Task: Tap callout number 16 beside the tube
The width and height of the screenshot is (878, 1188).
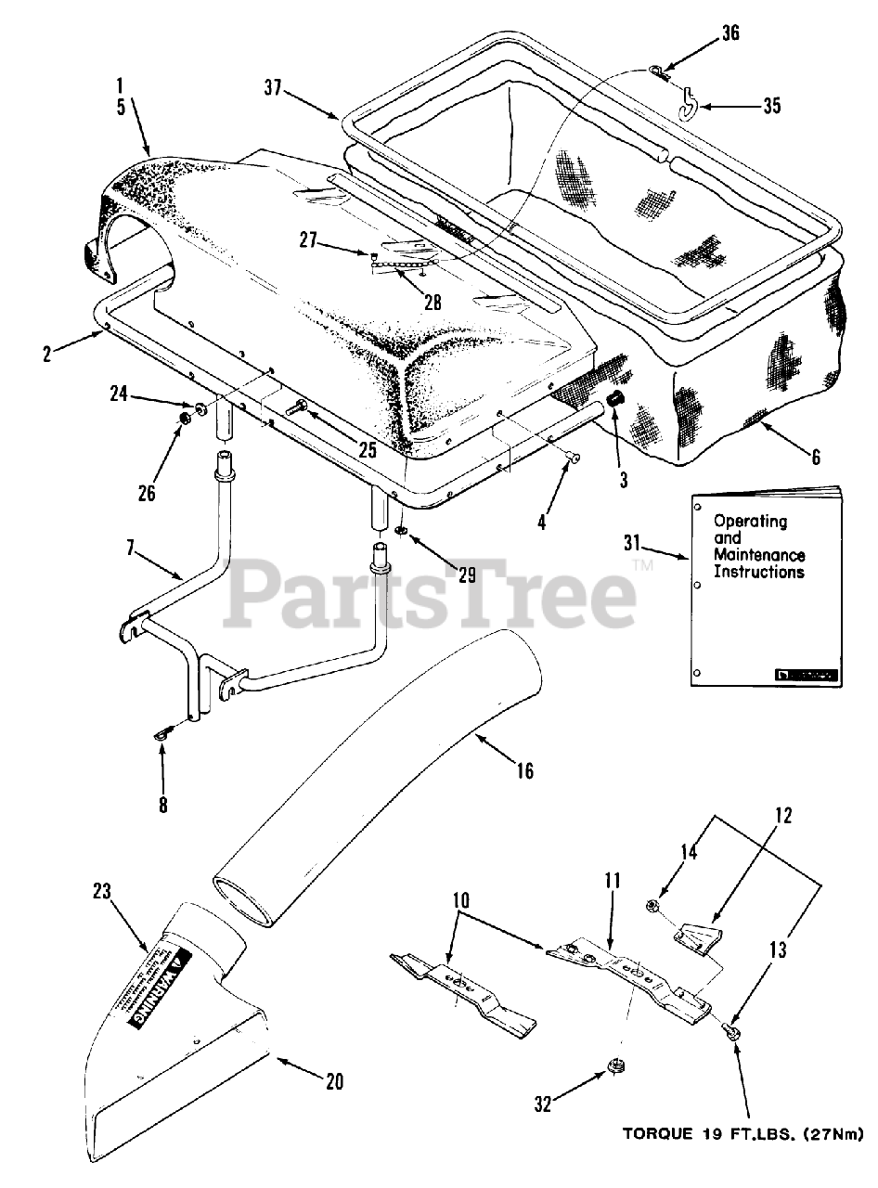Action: point(525,770)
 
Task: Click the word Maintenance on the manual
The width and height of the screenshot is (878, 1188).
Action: point(758,555)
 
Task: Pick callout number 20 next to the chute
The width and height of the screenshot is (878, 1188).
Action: point(335,1080)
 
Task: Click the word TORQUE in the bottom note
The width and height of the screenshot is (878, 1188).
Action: point(651,1133)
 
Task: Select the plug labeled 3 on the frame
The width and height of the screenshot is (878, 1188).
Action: point(613,398)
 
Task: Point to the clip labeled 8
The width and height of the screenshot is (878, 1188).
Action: point(162,736)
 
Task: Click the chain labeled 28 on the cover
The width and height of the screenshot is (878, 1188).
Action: point(397,266)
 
